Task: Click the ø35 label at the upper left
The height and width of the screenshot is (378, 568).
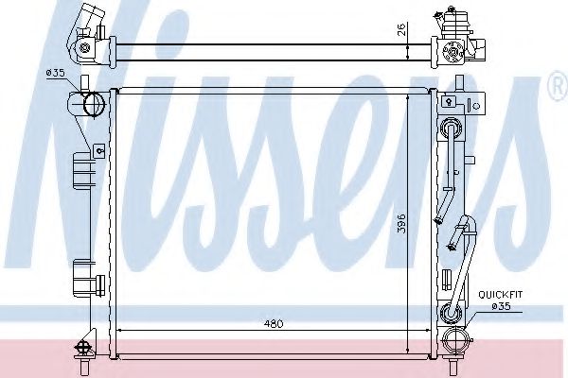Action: [x=55, y=73]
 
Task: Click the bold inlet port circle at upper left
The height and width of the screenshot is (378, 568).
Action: [x=95, y=104]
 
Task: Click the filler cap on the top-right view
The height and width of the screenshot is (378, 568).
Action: [x=453, y=16]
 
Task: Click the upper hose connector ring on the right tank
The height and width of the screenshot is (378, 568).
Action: [x=453, y=129]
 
